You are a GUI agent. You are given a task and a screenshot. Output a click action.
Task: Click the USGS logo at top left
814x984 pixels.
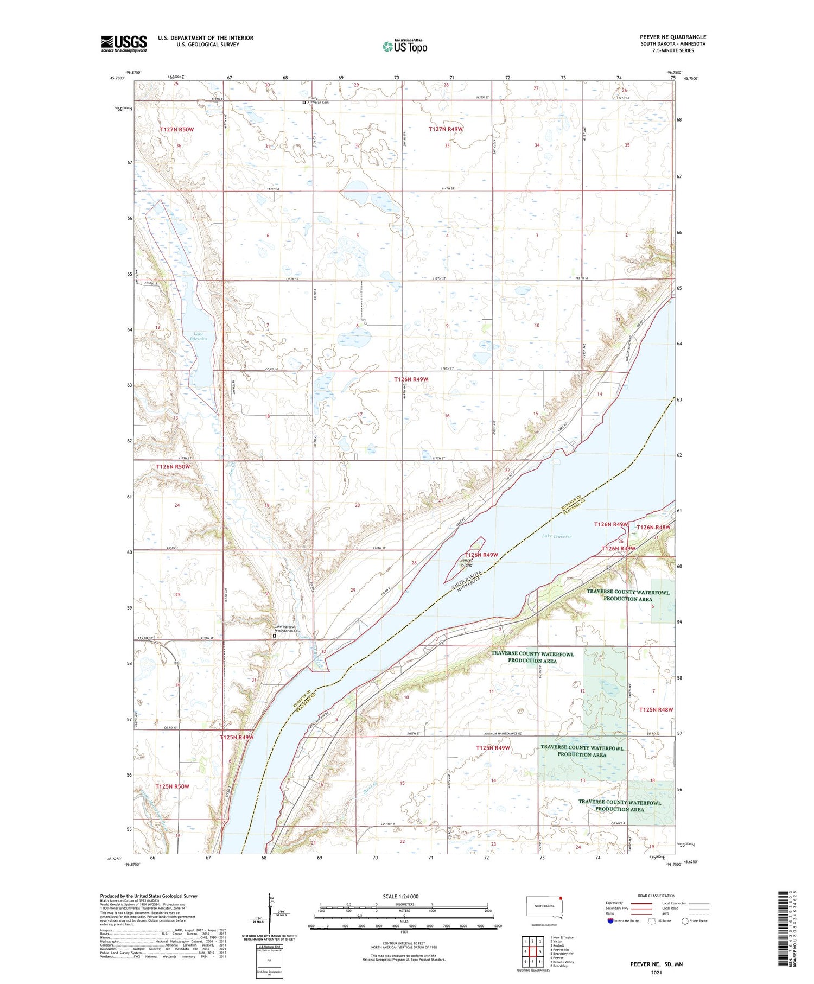coord(124,43)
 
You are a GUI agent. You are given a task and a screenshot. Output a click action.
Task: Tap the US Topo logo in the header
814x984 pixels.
coord(404,47)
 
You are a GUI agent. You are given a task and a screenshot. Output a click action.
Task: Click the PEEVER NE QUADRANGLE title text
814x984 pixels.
coord(673,37)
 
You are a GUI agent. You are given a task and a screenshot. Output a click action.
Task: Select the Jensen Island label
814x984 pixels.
coord(467,562)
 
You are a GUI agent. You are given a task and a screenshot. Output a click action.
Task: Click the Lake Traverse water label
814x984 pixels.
coord(556,536)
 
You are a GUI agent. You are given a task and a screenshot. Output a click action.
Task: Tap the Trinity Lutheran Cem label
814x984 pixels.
coord(317,100)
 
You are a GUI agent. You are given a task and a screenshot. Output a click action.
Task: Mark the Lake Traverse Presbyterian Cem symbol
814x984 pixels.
coord(275,636)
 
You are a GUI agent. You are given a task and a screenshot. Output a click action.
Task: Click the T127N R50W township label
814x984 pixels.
coord(176,130)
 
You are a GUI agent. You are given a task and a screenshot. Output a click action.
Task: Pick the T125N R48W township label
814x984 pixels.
coord(656,709)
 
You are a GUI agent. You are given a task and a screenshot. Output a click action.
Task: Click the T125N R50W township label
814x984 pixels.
coord(172,786)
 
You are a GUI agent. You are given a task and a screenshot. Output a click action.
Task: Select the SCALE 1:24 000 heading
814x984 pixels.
coord(400,896)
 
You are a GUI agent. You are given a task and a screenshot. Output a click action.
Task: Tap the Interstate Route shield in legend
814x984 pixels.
coord(611,921)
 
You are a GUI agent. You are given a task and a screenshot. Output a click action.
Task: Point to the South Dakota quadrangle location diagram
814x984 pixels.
coord(545,908)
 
